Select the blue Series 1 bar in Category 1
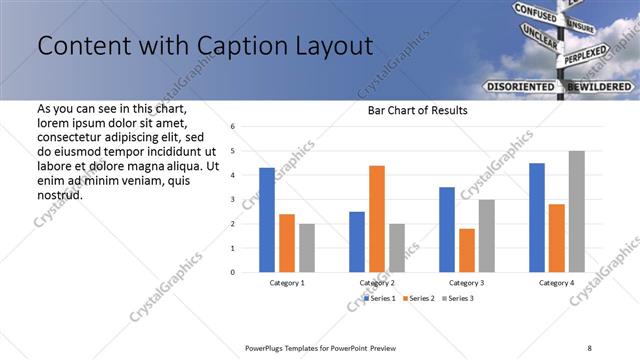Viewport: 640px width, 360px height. (x=267, y=220)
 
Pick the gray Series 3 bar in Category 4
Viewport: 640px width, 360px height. (x=577, y=211)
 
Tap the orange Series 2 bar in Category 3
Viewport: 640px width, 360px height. (x=467, y=250)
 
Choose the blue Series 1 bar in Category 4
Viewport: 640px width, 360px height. (x=537, y=217)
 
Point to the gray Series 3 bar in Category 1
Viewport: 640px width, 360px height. (x=307, y=247)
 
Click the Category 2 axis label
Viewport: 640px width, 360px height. (x=377, y=284)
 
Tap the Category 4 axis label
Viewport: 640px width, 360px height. (x=557, y=284)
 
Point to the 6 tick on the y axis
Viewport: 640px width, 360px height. (x=232, y=127)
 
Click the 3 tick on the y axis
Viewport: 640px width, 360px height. (x=232, y=199)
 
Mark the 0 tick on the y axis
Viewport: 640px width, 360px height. (x=232, y=272)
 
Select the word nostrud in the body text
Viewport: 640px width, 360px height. (x=60, y=194)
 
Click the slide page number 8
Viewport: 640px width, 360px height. (x=589, y=347)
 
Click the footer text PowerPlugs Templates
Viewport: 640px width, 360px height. (x=290, y=347)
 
